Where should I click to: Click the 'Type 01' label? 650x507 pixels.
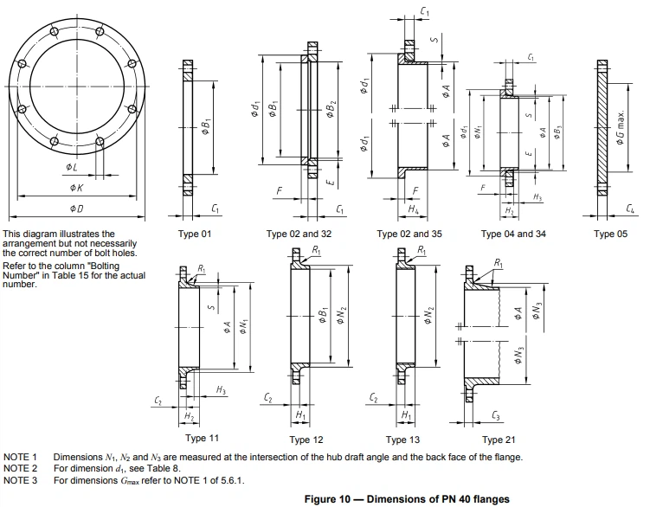[x=195, y=234]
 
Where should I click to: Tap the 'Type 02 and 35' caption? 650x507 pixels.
[x=410, y=234]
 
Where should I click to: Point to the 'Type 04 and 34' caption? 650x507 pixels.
[x=513, y=234]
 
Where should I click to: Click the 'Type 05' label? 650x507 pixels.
[x=611, y=234]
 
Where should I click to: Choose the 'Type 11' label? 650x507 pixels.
[x=202, y=439]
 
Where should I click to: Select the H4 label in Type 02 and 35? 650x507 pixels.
[x=413, y=210]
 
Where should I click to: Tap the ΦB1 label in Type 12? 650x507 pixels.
[x=320, y=317]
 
